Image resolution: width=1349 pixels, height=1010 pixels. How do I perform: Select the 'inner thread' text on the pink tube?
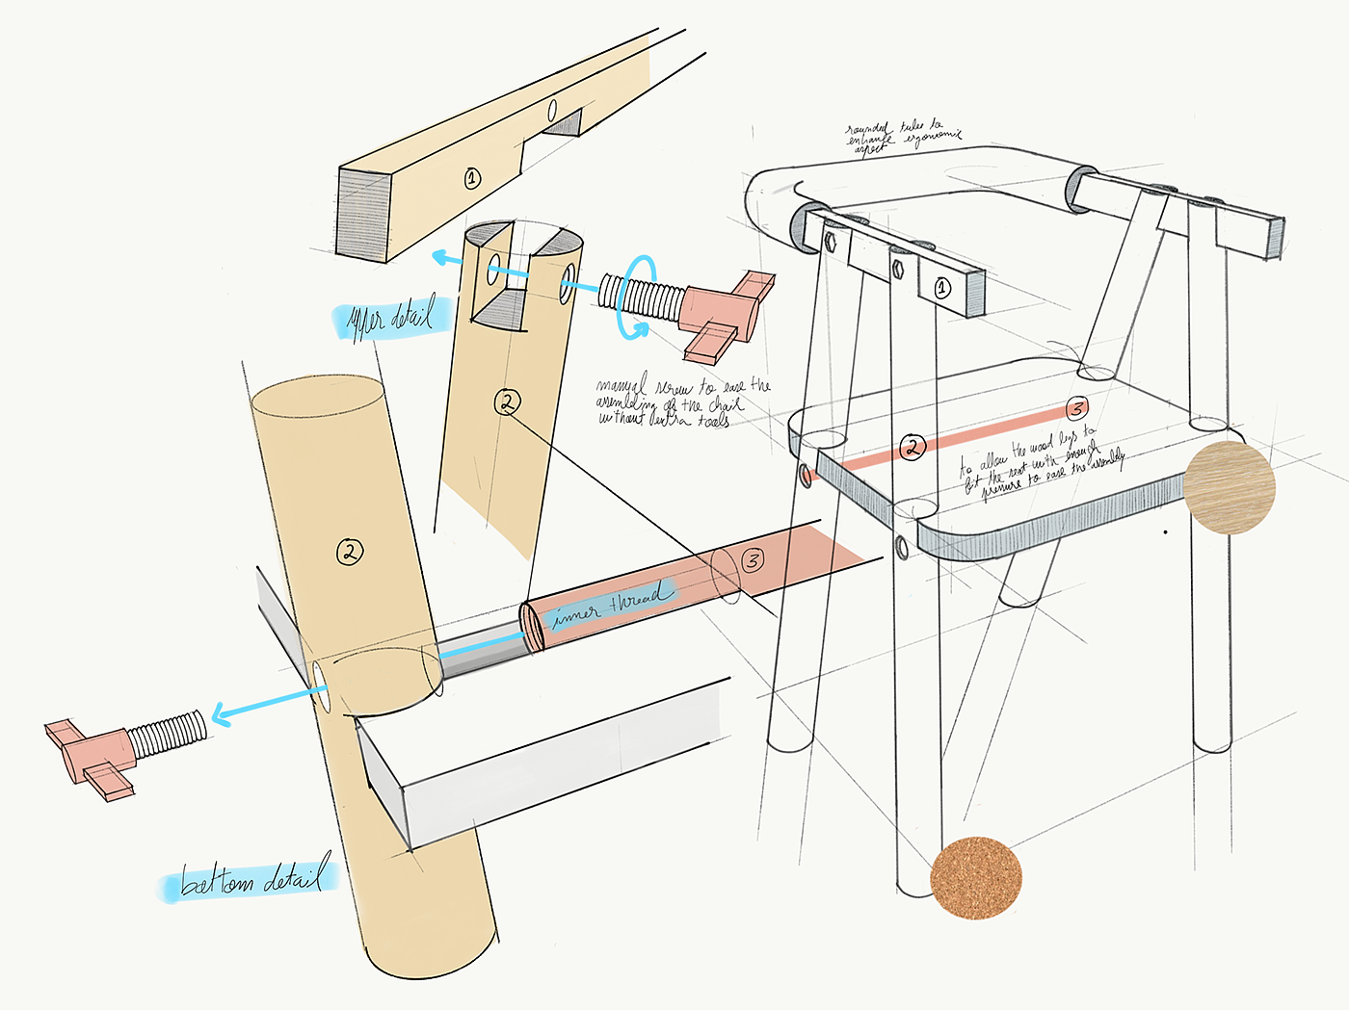tap(610, 604)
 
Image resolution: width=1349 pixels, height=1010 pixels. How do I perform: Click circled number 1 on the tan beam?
tap(472, 177)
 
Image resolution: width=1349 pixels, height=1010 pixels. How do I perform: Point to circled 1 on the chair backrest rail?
tap(942, 287)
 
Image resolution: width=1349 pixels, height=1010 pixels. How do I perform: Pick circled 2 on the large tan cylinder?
tap(350, 552)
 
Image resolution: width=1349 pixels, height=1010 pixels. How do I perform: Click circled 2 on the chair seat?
tap(912, 446)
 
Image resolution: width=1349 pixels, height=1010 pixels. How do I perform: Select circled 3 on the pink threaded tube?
tap(753, 559)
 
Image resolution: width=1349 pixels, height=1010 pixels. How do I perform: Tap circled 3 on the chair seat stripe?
tap(1077, 407)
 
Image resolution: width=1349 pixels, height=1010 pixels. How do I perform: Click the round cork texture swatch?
tap(975, 877)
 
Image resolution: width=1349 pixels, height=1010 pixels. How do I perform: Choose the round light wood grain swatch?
tap(1229, 488)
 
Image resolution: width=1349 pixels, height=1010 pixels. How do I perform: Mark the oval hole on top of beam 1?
tap(553, 113)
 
